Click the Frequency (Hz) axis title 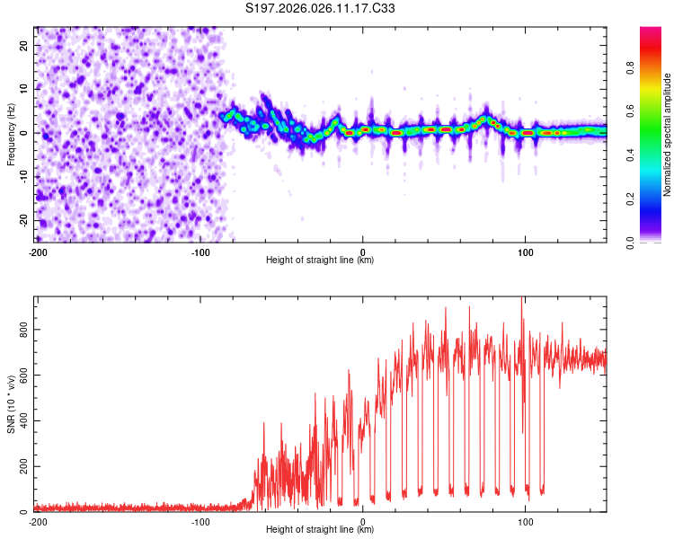click(x=11, y=135)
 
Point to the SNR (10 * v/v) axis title click(x=11, y=404)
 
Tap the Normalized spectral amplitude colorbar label click(x=668, y=135)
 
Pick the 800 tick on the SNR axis click(x=22, y=330)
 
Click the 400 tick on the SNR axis click(x=22, y=421)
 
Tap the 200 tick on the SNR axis click(x=22, y=467)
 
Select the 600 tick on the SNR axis click(x=22, y=376)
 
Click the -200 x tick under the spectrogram click(x=38, y=251)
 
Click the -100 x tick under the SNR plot click(x=200, y=521)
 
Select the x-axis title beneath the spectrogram click(x=320, y=260)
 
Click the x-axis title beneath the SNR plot click(x=320, y=530)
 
